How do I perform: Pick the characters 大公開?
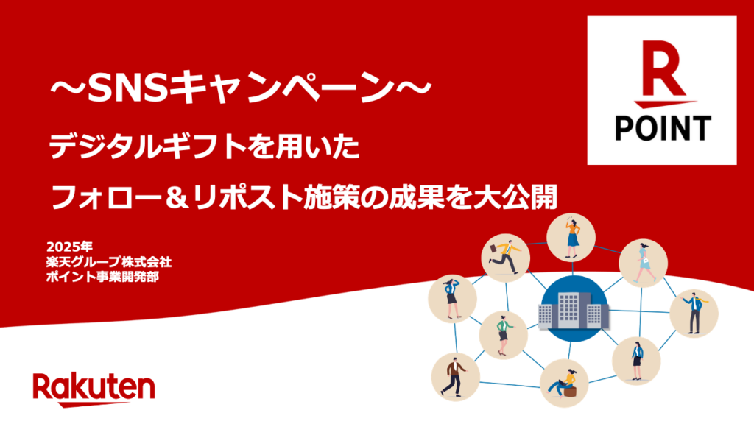[x=529, y=197]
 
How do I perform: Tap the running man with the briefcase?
[x=504, y=255]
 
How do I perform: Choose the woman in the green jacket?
[x=504, y=332]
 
